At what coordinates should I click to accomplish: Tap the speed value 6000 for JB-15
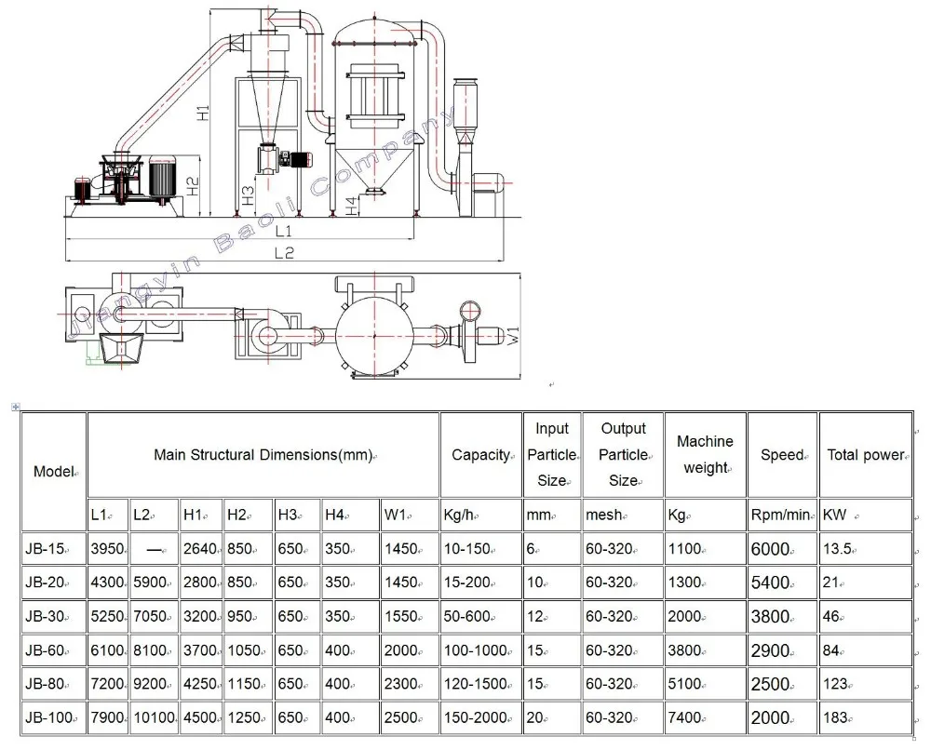(770, 549)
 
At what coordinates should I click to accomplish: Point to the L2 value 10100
(153, 717)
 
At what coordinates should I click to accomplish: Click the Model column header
(54, 471)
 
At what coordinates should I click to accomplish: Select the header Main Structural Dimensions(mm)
(263, 455)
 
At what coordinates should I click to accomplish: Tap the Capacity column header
(480, 455)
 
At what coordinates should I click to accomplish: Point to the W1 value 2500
(401, 717)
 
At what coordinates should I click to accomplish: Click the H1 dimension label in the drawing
(204, 113)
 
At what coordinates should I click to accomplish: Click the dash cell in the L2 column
(155, 549)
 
